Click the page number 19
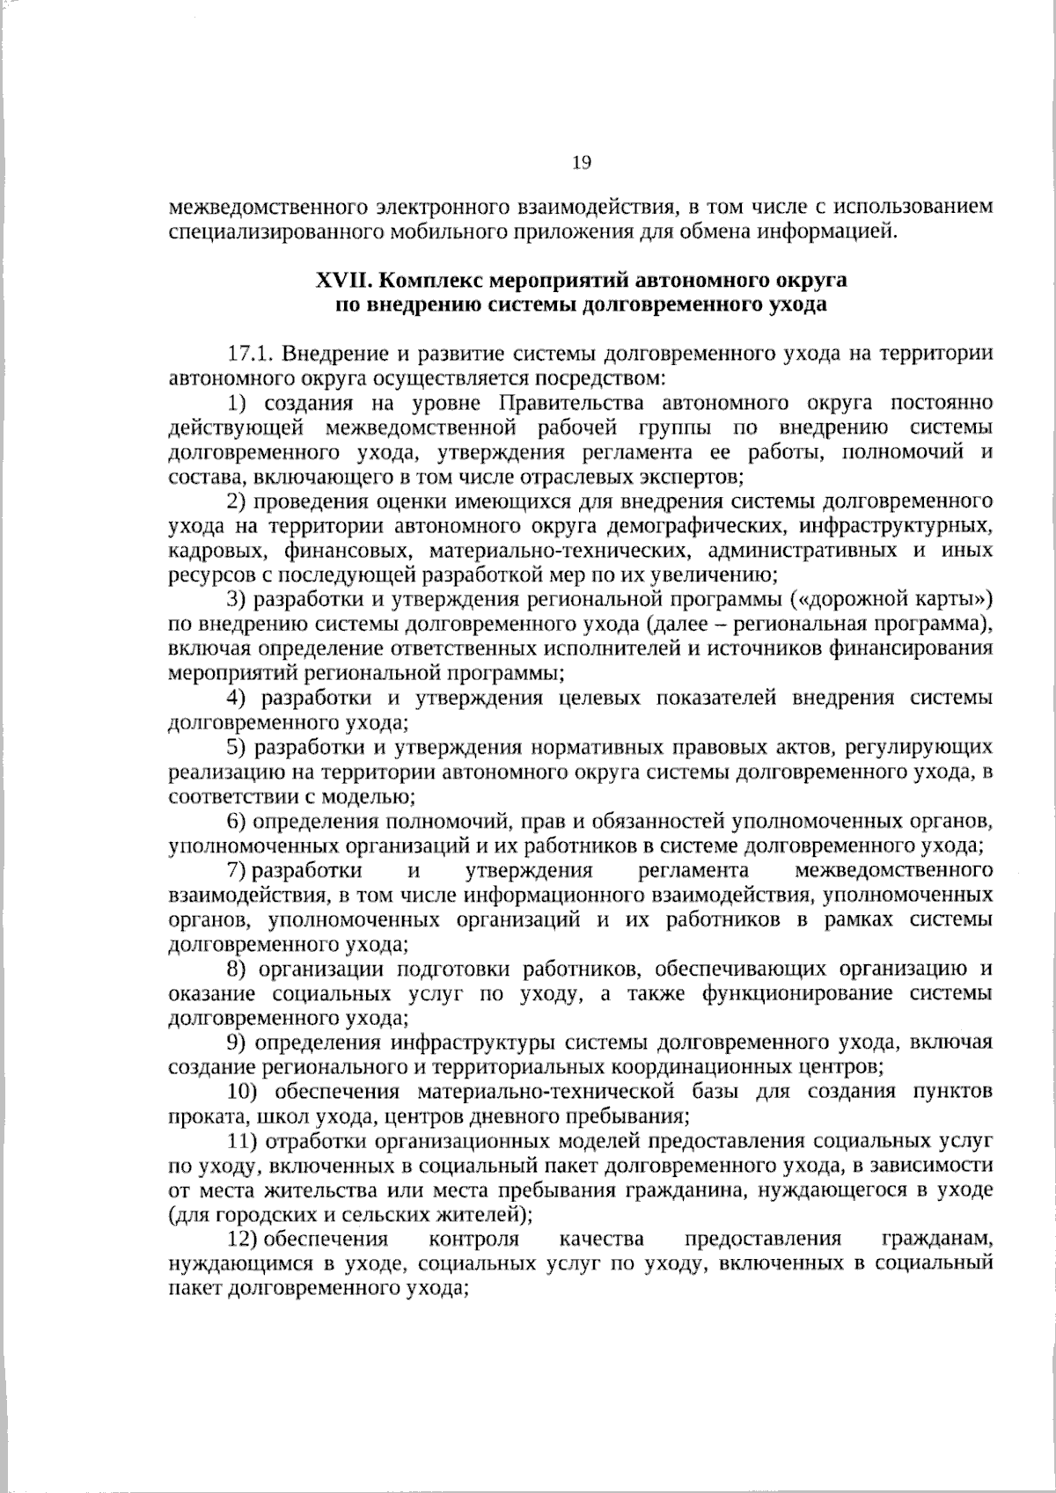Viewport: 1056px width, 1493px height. click(582, 162)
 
